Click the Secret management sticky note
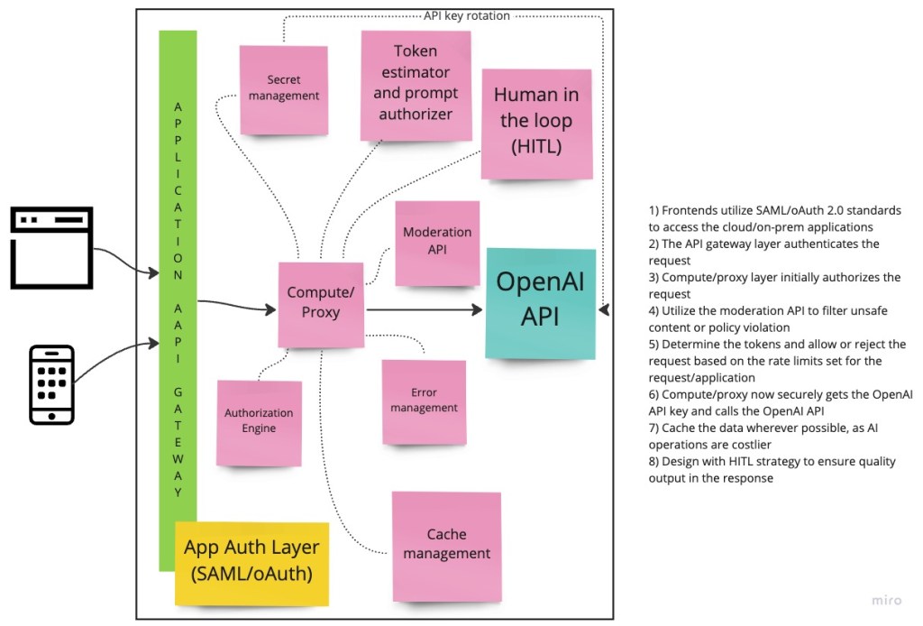pos(283,88)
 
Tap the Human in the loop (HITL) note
pos(535,121)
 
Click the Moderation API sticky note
pos(437,242)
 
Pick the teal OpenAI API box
pos(540,302)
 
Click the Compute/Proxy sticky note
pos(320,304)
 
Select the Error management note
pos(424,400)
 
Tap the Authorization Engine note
pos(258,421)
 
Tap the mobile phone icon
pos(51,383)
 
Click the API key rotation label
pos(466,15)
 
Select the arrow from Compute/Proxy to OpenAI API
pos(424,309)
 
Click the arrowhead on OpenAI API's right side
pos(605,310)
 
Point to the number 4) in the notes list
pos(653,311)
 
